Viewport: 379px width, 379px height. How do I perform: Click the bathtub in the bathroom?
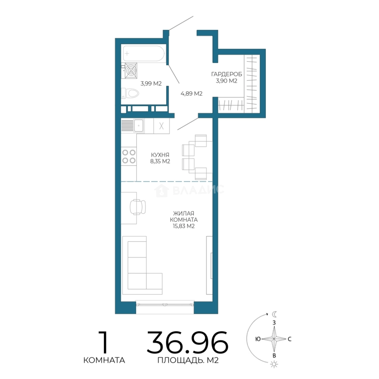pyautogui.click(x=144, y=53)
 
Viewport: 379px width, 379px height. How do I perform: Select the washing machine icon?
pyautogui.click(x=131, y=71)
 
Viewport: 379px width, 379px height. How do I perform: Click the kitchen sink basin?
pyautogui.click(x=139, y=126)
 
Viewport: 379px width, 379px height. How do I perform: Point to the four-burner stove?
pyautogui.click(x=129, y=157)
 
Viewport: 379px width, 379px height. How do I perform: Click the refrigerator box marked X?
pyautogui.click(x=161, y=126)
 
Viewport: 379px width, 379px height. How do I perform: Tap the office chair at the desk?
pyautogui.click(x=138, y=207)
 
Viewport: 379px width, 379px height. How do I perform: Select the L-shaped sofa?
pyautogui.click(x=142, y=265)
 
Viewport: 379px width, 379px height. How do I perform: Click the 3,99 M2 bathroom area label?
pyautogui.click(x=151, y=84)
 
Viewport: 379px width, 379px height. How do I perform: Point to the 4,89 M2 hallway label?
pyautogui.click(x=192, y=94)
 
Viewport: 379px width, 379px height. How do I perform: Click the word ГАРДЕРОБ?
pyautogui.click(x=226, y=74)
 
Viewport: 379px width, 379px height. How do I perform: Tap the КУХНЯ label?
pyautogui.click(x=160, y=155)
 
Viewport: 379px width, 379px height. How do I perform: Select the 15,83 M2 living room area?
pyautogui.click(x=184, y=226)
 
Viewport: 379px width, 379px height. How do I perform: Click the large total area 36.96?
pyautogui.click(x=187, y=343)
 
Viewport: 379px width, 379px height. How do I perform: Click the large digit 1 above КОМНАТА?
pyautogui.click(x=104, y=343)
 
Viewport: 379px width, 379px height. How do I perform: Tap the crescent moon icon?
pyautogui.click(x=274, y=314)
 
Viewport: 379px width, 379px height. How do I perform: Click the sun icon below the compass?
pyautogui.click(x=274, y=364)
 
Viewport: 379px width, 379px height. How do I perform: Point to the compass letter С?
pyautogui.click(x=290, y=339)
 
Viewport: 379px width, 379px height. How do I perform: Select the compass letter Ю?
pyautogui.click(x=258, y=339)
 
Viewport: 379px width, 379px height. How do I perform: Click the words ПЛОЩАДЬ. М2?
pyautogui.click(x=188, y=360)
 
